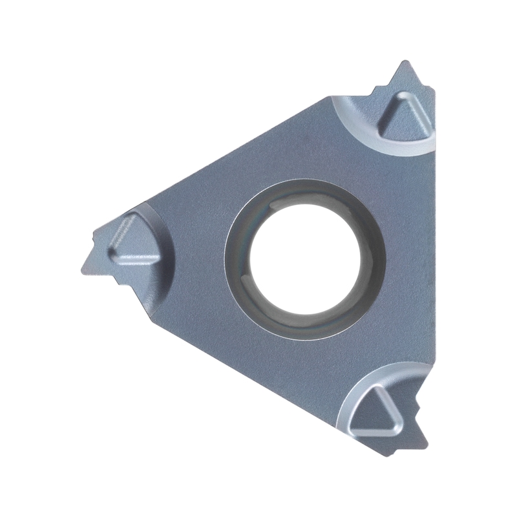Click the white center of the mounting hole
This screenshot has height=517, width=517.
tap(304, 258)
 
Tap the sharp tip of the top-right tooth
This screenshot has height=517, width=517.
tap(405, 63)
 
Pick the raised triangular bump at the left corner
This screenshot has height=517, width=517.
tap(132, 242)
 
